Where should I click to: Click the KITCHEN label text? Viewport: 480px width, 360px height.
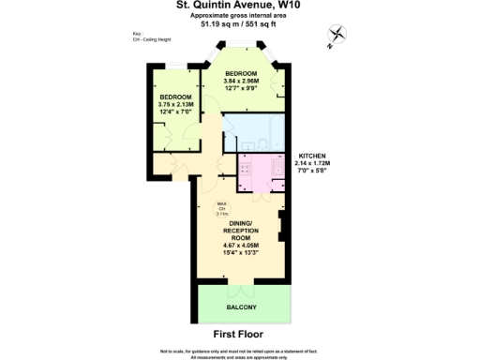pyautogui.click(x=314, y=155)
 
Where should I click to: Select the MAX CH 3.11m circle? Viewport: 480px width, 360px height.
pyautogui.click(x=223, y=211)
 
